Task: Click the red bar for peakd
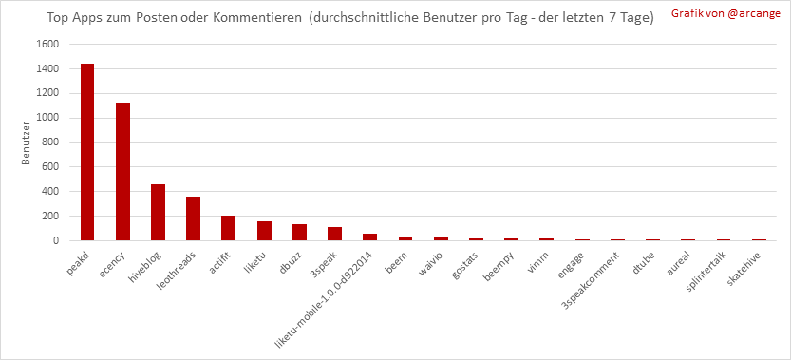(87, 152)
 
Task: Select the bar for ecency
(122, 172)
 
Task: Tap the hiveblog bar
(158, 213)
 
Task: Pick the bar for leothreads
(193, 218)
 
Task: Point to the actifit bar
(228, 228)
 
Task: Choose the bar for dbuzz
(299, 233)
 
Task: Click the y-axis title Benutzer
(26, 142)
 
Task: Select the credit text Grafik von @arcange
(725, 14)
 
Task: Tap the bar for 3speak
(334, 234)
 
